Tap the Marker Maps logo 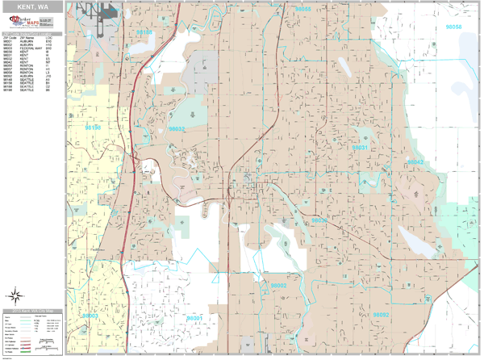[22, 21]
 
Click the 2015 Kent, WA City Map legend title [32, 310]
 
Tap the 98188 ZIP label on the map [144, 32]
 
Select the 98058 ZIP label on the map [454, 27]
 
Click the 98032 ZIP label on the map [177, 128]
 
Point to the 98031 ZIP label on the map [360, 148]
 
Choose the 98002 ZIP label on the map [278, 286]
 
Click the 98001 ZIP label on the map [194, 319]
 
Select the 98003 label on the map [90, 316]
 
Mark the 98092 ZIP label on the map [380, 315]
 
